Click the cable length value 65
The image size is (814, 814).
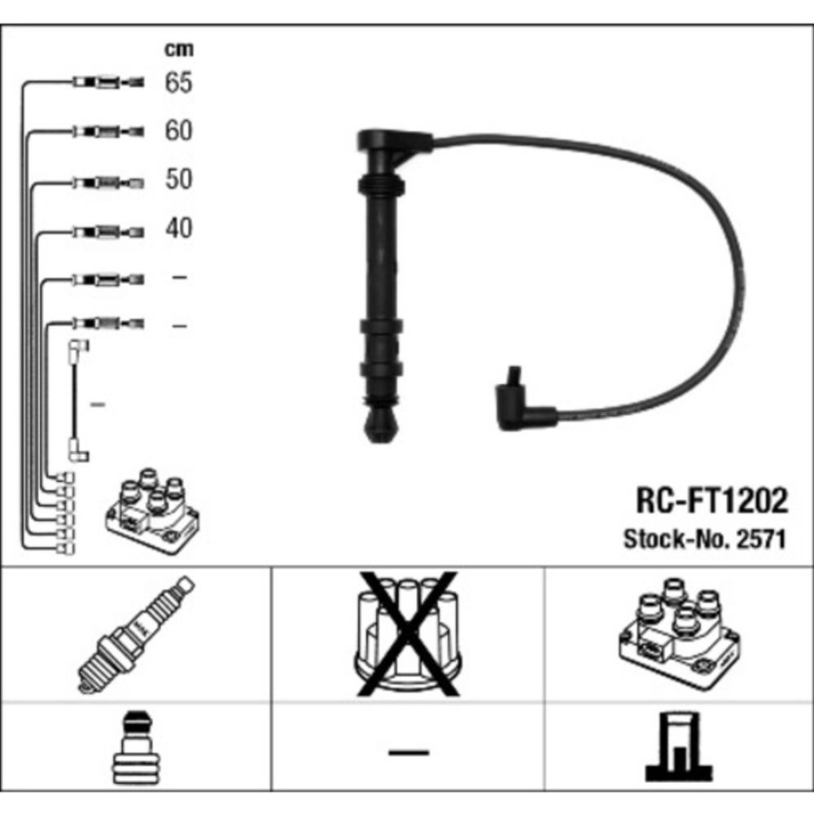[178, 82]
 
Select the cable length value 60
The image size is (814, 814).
[178, 130]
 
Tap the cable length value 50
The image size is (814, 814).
[178, 179]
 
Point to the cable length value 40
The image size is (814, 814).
[178, 228]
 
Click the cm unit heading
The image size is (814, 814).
[179, 50]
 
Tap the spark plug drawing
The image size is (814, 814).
[136, 634]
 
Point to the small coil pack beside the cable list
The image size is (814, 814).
[152, 510]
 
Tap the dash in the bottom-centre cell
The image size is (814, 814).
[408, 751]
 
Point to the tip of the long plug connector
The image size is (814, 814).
[381, 426]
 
